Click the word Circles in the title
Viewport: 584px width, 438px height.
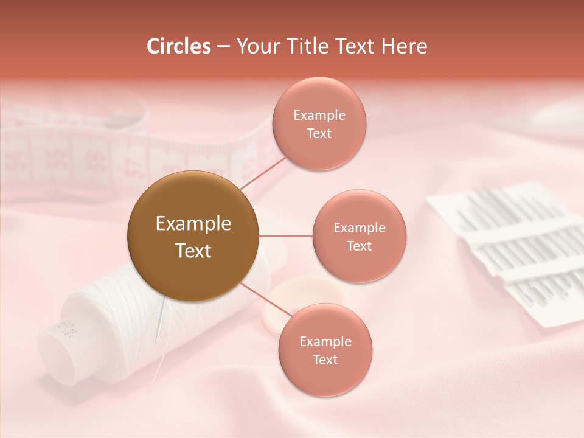click(179, 46)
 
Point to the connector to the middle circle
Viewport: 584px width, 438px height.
click(285, 236)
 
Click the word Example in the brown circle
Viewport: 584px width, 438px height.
click(193, 224)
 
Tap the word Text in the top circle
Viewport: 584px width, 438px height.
click(319, 133)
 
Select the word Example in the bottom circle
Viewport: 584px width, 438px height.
click(325, 342)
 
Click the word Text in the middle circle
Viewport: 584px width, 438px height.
click(359, 246)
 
